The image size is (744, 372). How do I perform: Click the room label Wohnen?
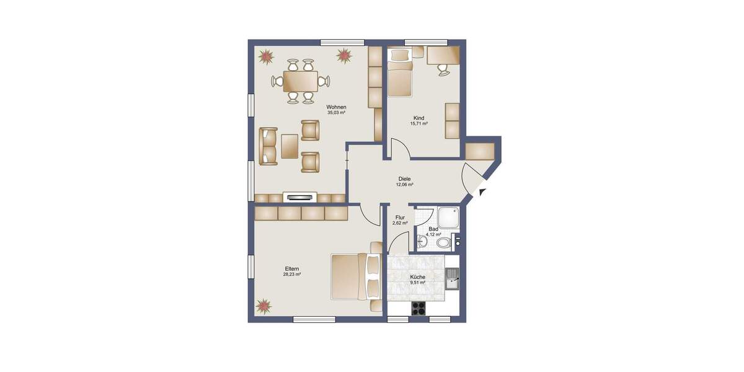tap(336, 107)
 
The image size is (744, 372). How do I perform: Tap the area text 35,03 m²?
tap(336, 113)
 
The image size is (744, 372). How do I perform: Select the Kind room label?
tap(418, 117)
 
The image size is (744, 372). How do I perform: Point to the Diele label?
tap(404, 179)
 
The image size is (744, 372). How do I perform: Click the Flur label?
tap(400, 218)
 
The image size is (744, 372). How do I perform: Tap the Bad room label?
tap(433, 229)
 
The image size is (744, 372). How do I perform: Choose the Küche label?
tap(417, 277)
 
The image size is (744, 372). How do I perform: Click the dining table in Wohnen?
tap(300, 81)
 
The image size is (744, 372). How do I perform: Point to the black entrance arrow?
tap(482, 192)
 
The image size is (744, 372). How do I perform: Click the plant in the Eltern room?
tap(264, 306)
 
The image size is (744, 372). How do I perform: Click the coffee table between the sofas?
tap(290, 146)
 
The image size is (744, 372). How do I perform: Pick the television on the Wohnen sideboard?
tap(301, 197)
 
